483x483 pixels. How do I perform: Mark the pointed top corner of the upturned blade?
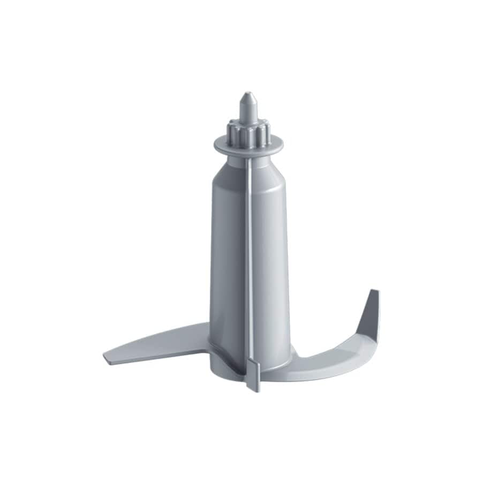coord(376,292)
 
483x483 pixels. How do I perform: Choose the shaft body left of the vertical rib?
coord(228,257)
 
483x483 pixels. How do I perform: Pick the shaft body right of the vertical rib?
coord(270,257)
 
